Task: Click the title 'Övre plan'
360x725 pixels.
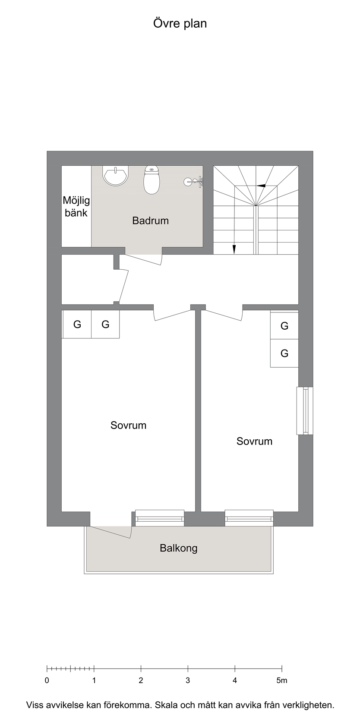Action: (x=180, y=24)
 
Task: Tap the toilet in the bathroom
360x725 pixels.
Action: (x=152, y=180)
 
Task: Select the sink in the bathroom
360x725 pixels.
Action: (x=116, y=176)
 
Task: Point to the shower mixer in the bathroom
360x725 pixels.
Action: (x=193, y=182)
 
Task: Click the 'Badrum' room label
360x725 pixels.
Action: (x=151, y=221)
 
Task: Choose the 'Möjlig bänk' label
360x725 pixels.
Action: (x=76, y=206)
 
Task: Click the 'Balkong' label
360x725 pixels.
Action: (x=179, y=548)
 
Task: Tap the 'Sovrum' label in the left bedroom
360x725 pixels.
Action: (x=129, y=425)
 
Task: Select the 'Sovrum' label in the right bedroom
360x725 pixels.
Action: (x=255, y=441)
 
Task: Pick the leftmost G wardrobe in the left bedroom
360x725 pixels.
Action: (x=77, y=325)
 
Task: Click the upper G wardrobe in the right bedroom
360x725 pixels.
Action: (x=284, y=325)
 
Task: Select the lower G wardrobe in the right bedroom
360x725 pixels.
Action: (x=284, y=353)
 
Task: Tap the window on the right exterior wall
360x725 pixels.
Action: (x=305, y=411)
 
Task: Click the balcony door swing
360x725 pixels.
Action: (x=111, y=532)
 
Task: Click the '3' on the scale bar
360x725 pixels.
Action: (x=188, y=680)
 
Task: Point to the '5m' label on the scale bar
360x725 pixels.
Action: (x=281, y=680)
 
